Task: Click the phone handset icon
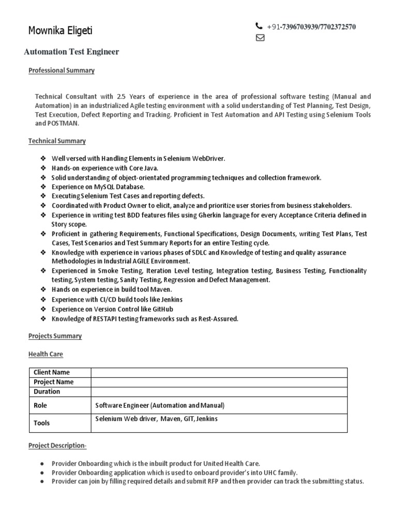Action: pos(259,26)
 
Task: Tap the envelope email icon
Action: pos(260,37)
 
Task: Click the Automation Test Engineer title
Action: pos(72,52)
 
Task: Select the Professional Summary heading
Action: pos(61,70)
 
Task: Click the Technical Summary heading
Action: pos(57,141)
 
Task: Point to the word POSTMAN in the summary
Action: pos(64,123)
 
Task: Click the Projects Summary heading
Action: pos(55,336)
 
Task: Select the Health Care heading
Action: pos(45,354)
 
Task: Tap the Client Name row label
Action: pos(52,372)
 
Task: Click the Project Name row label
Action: pos(54,382)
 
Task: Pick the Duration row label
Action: pos(47,392)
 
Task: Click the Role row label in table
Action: pos(40,406)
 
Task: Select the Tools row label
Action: pos(42,423)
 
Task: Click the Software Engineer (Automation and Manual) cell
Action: pos(160,406)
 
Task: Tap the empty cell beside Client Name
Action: pos(219,372)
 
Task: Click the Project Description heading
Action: pos(57,445)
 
